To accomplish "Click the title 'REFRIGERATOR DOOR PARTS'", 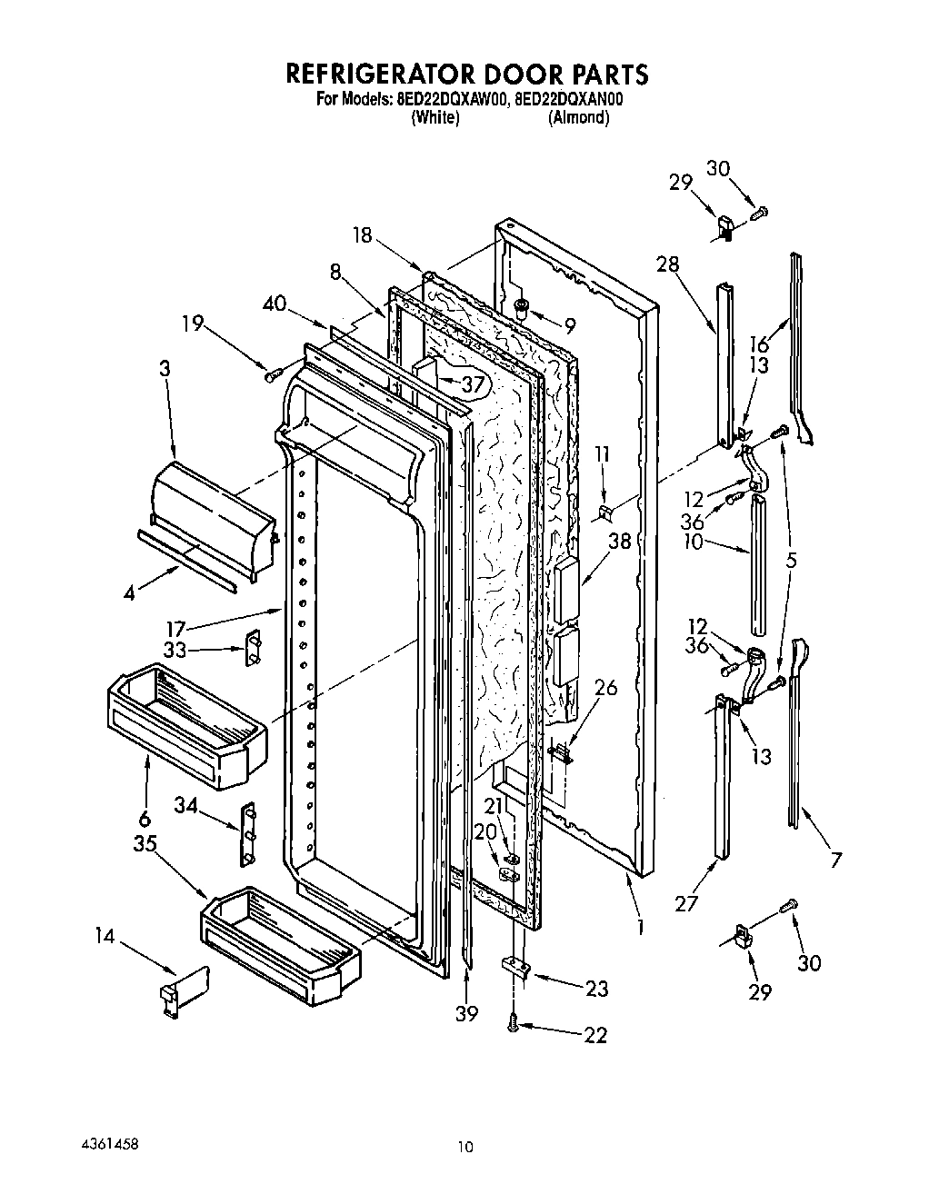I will (468, 73).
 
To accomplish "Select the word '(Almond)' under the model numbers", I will (578, 118).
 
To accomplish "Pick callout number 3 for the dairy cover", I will (164, 368).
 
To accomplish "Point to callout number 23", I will (595, 988).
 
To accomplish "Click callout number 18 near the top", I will (363, 234).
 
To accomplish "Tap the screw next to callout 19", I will (269, 373).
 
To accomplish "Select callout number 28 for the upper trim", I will (668, 264).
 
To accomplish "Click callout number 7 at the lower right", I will (835, 859).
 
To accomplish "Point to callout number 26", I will (604, 688).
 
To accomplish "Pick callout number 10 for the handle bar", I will (694, 542).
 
